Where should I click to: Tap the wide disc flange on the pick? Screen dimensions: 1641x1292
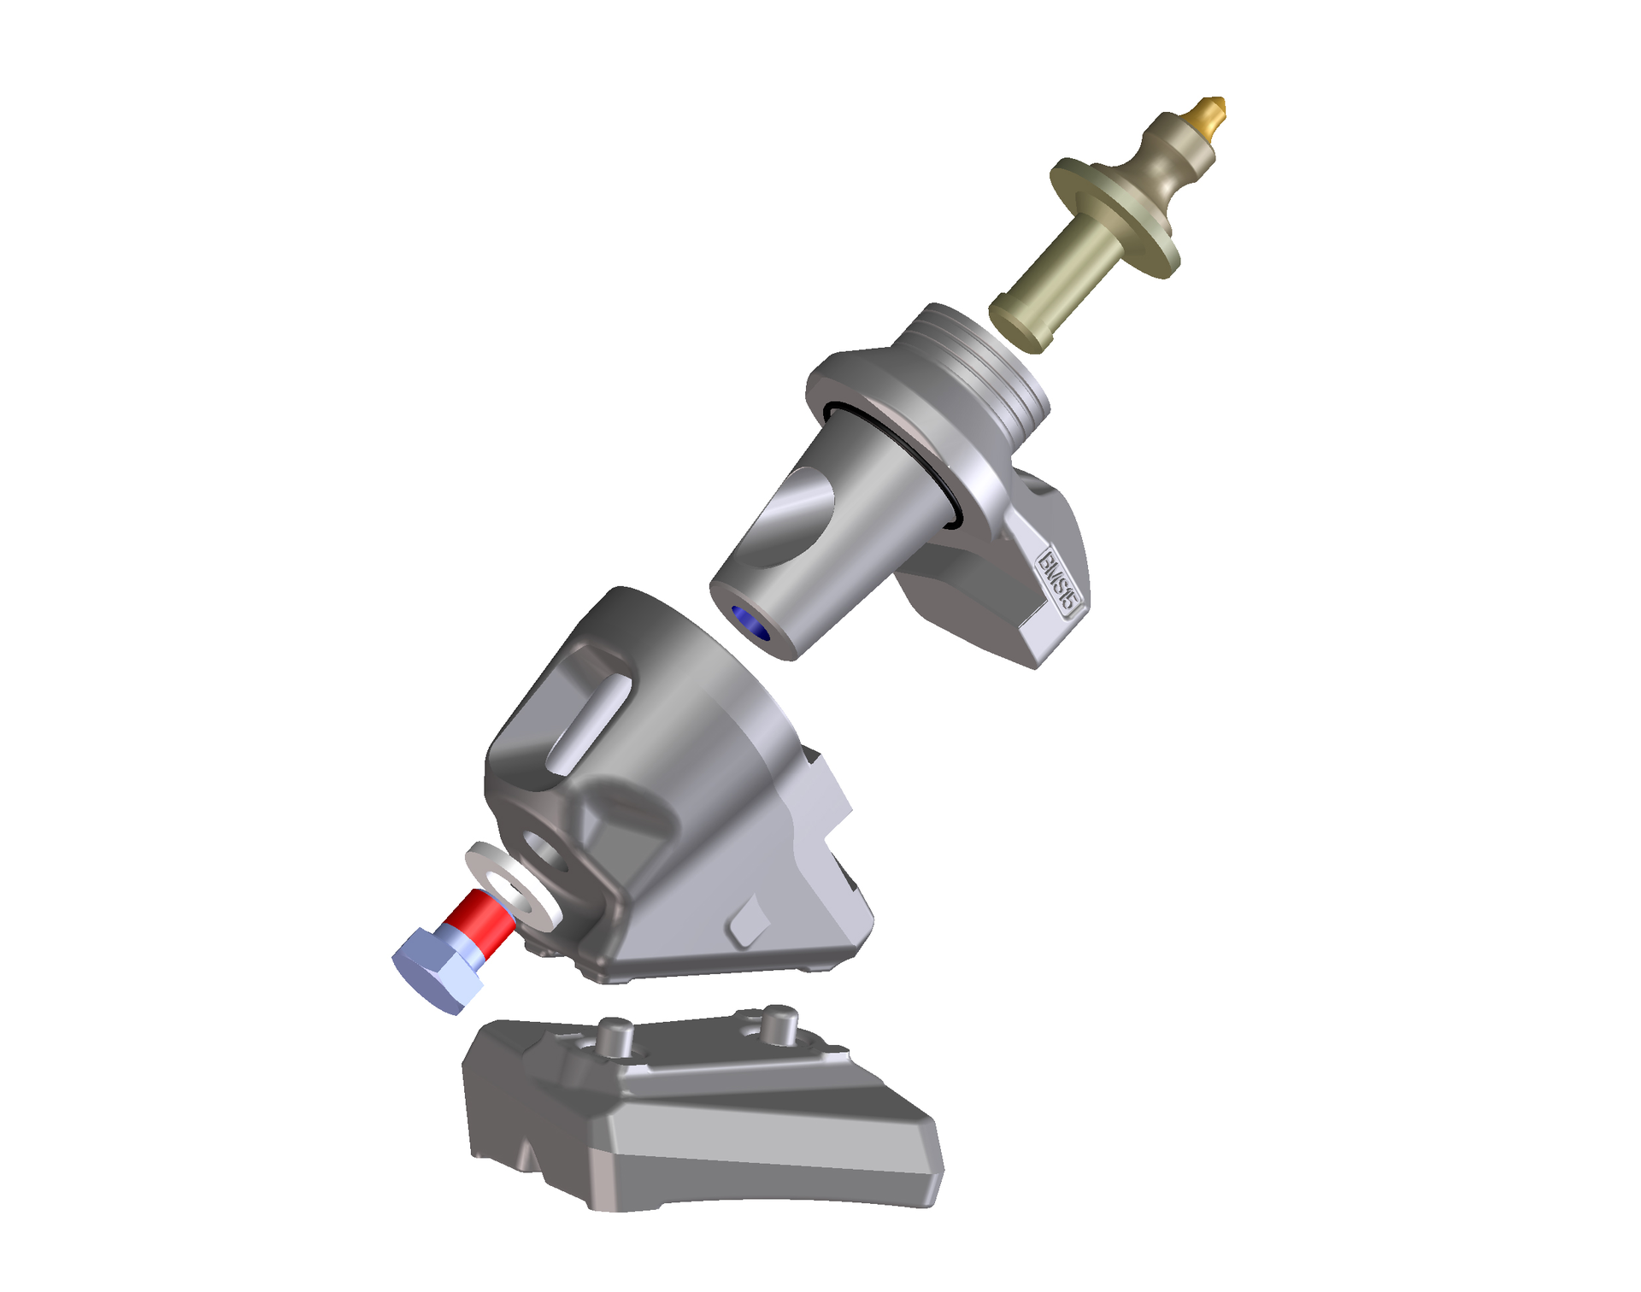[1115, 217]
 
